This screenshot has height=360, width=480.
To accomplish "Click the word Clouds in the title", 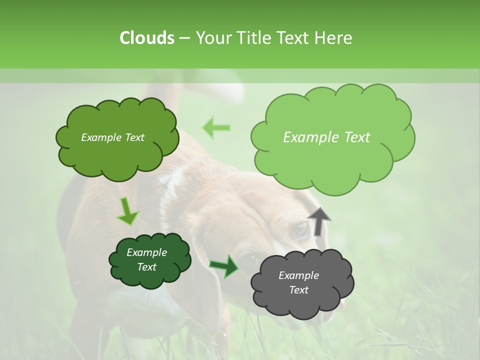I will point(147,38).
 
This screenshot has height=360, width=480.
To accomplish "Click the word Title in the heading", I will point(253,38).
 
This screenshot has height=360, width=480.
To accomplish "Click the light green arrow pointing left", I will point(216,127).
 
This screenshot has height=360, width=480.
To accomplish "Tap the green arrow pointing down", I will point(127,211).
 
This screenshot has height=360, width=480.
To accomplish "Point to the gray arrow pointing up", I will point(319,221).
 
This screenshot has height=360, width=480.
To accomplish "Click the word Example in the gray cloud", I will point(298,275).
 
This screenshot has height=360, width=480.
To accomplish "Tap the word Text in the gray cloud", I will point(298,290).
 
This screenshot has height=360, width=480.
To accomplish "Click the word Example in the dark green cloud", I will point(146,252).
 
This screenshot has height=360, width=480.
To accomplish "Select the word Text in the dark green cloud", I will point(146,267).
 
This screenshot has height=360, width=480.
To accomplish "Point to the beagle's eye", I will point(301,229).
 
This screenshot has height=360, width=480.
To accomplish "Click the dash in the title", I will point(184,38).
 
